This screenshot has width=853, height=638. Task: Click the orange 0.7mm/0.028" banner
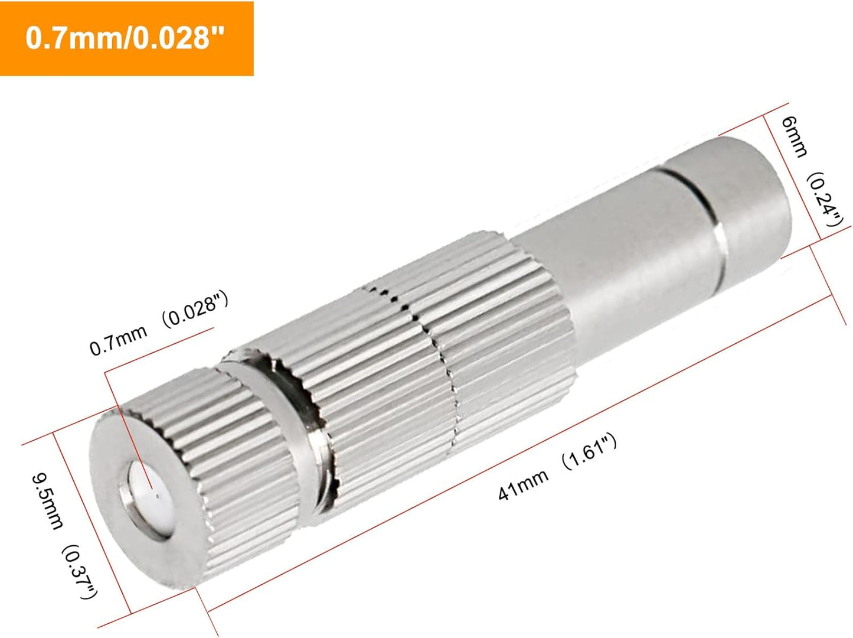click(x=126, y=38)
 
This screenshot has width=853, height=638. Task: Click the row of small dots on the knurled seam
click(x=413, y=313)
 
